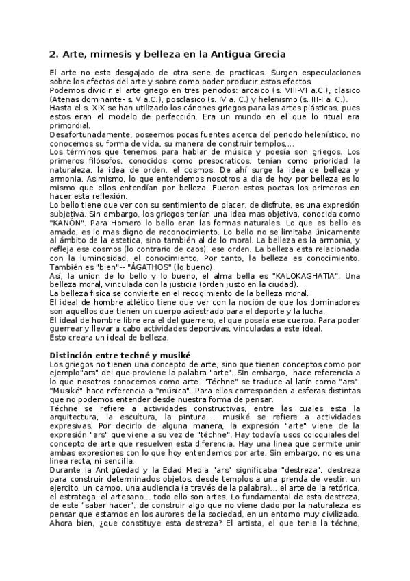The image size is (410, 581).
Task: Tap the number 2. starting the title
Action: tap(54, 53)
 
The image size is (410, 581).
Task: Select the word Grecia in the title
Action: tap(266, 53)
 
